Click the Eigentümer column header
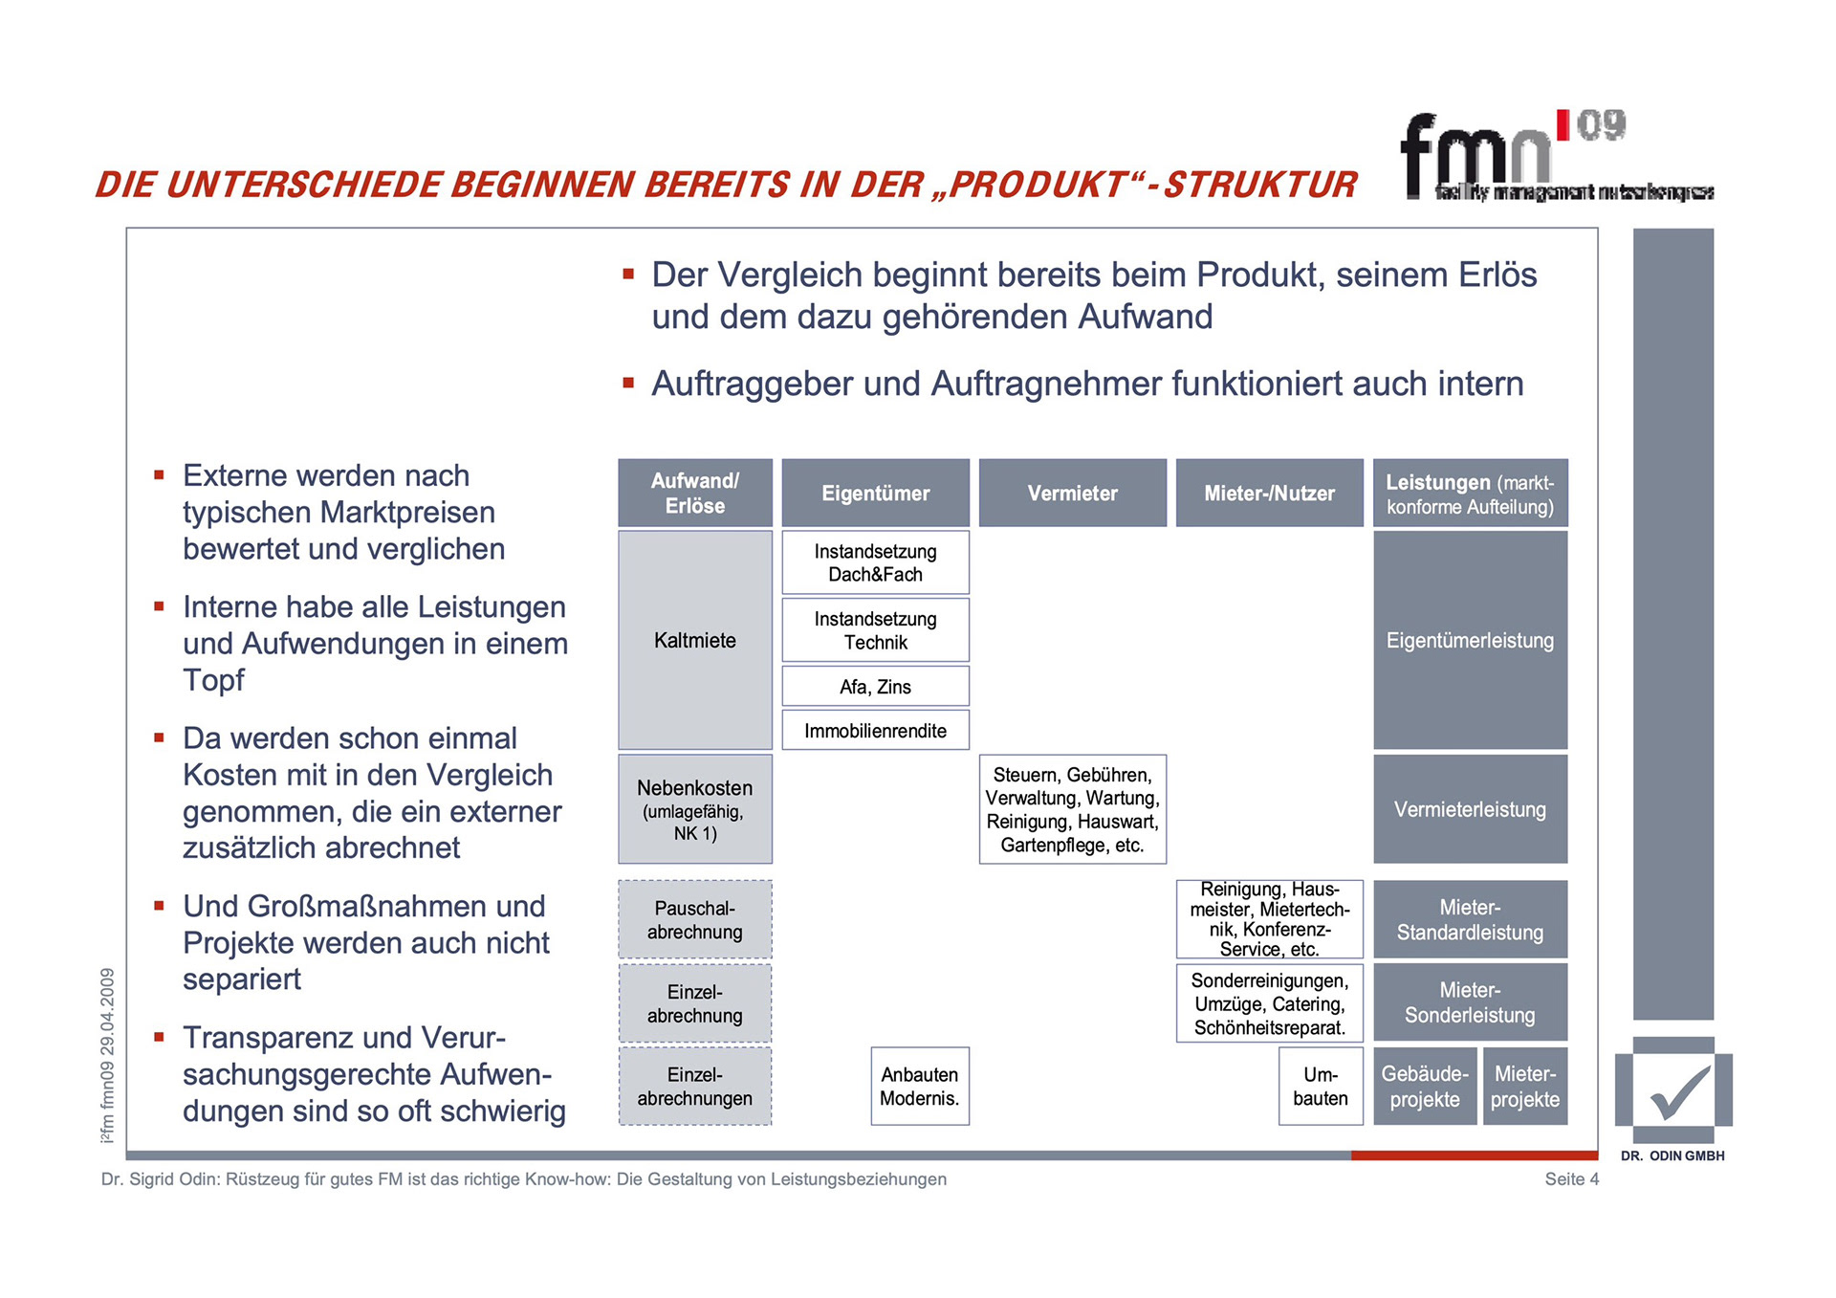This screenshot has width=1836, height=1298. [875, 493]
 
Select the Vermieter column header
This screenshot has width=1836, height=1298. [1072, 493]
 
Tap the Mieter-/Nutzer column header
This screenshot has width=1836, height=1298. [1269, 493]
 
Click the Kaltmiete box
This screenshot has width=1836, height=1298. [694, 640]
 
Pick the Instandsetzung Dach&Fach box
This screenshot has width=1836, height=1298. [875, 562]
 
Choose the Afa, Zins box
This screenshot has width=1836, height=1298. [875, 686]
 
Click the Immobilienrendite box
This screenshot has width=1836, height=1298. [875, 730]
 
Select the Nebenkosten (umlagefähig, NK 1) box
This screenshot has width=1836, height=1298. [694, 809]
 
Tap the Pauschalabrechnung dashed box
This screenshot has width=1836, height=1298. [694, 919]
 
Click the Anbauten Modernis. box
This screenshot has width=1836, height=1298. [919, 1086]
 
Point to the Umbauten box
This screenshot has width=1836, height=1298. [1320, 1086]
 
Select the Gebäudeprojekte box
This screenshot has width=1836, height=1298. [1424, 1086]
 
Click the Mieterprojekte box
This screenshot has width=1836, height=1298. [1524, 1086]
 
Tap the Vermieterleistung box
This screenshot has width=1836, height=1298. [1470, 809]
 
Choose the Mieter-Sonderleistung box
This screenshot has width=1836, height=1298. [1470, 1001]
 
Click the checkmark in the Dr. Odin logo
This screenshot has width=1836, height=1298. [1678, 1092]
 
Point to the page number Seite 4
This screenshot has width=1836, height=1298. [1571, 1178]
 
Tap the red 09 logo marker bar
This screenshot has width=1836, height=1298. [1563, 124]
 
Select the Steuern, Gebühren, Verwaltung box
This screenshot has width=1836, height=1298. [1072, 809]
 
